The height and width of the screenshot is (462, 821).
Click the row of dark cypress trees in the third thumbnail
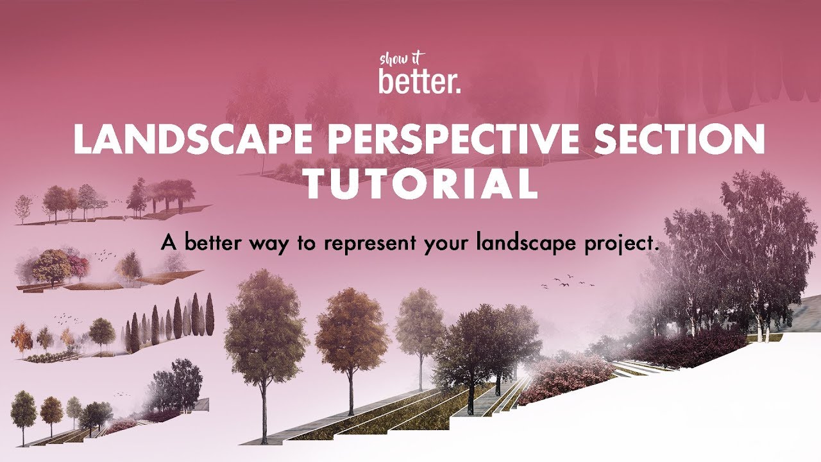(x=170, y=321)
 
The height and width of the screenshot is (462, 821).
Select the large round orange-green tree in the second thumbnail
(x=51, y=264)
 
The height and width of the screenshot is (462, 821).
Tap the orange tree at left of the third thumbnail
(x=21, y=337)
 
